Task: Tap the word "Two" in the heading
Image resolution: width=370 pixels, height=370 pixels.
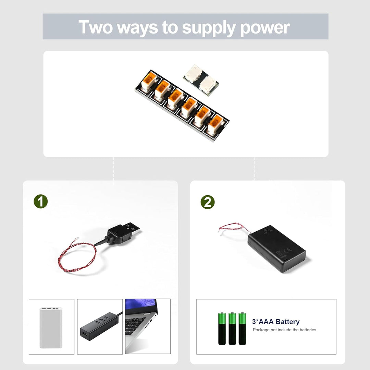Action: (96, 27)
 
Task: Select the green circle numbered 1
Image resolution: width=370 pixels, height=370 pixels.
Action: (40, 201)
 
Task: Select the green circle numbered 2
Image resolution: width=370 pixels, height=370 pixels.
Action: (207, 202)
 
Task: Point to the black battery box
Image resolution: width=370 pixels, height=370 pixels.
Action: (276, 249)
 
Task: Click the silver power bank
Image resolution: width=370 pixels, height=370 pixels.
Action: (51, 328)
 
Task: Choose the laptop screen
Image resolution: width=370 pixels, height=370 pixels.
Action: (141, 306)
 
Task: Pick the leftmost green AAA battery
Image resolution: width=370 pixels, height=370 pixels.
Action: (222, 329)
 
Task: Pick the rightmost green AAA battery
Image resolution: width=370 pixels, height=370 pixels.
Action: (242, 329)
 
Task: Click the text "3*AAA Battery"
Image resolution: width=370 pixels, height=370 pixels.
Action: (275, 322)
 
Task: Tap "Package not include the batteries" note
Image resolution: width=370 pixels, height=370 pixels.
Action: (284, 330)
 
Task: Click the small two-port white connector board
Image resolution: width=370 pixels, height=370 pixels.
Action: (201, 80)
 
